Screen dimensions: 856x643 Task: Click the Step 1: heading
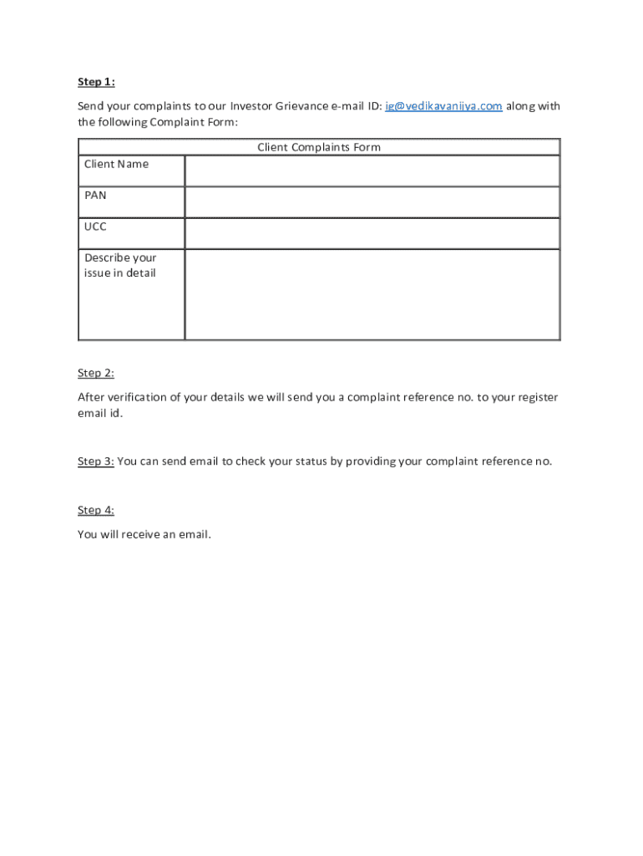(x=96, y=81)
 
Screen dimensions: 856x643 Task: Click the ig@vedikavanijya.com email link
(x=443, y=105)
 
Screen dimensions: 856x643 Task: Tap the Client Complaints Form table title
(x=319, y=147)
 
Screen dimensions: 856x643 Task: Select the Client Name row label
(x=116, y=164)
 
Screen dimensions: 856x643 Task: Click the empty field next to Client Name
(x=372, y=171)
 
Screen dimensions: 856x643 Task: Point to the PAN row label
(x=95, y=195)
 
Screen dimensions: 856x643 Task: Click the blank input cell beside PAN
(x=372, y=202)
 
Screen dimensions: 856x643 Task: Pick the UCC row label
(x=95, y=227)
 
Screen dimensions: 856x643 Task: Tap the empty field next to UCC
(x=372, y=233)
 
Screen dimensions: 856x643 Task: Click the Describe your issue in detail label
(x=120, y=265)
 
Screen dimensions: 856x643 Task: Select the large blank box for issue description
(x=372, y=294)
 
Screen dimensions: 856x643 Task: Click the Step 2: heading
(x=96, y=373)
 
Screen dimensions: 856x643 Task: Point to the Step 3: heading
(x=96, y=461)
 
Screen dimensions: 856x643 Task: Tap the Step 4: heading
(x=96, y=510)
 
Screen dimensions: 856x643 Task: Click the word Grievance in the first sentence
(x=301, y=105)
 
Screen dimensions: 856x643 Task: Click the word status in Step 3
(x=307, y=461)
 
